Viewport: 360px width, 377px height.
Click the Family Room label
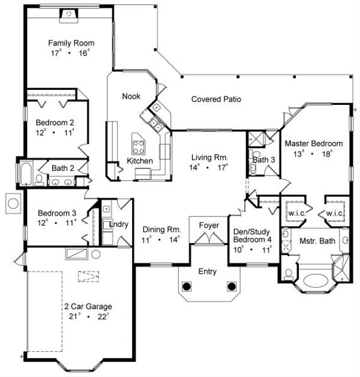(x=71, y=43)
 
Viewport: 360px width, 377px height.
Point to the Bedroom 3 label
(x=57, y=213)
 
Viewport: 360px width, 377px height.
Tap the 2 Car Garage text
(x=87, y=306)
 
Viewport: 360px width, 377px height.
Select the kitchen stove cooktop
(x=138, y=145)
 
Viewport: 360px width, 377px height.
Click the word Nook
(x=131, y=96)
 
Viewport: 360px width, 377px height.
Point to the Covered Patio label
(x=216, y=99)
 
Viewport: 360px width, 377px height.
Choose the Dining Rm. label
(x=161, y=229)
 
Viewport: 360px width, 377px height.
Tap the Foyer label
(x=208, y=225)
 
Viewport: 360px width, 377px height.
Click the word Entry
(x=208, y=272)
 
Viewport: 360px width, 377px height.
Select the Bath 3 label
(x=263, y=160)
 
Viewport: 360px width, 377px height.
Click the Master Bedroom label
(x=313, y=144)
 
